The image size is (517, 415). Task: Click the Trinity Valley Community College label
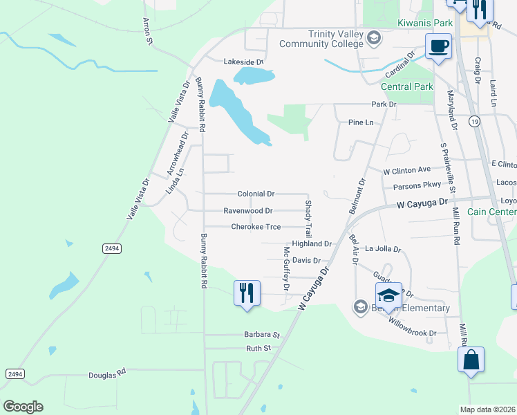(x=320, y=39)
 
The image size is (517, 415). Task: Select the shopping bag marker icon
(x=471, y=360)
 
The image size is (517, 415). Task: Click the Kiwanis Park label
(x=425, y=24)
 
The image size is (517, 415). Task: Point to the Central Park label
(x=407, y=86)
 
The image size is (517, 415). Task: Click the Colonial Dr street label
(x=256, y=194)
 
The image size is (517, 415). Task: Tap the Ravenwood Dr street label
(x=248, y=210)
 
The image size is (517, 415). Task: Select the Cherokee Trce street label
(x=256, y=227)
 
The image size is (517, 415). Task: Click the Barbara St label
(x=261, y=334)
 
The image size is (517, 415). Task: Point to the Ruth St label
(x=258, y=348)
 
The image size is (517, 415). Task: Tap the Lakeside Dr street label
(x=243, y=62)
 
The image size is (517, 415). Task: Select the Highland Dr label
(x=312, y=244)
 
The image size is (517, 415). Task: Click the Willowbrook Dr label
(x=413, y=326)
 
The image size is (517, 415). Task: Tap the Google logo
(x=23, y=407)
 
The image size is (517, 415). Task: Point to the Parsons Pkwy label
(x=417, y=186)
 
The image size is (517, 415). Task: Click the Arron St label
(x=147, y=32)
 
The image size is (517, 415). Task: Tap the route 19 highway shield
(x=473, y=122)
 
